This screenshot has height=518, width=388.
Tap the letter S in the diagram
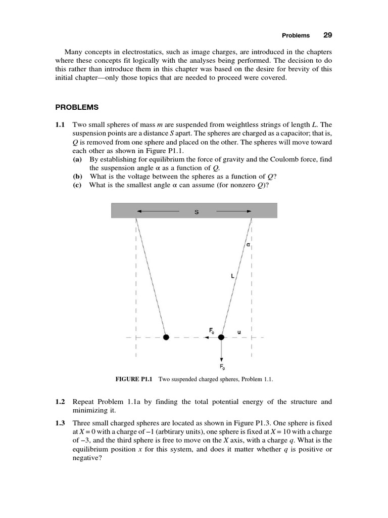(x=196, y=212)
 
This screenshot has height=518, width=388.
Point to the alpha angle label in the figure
(x=248, y=245)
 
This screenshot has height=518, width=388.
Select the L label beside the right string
(x=232, y=276)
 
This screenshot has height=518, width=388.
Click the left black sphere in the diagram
(x=166, y=337)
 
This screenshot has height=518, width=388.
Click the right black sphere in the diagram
(x=221, y=337)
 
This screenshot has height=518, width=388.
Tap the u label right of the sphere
(x=239, y=332)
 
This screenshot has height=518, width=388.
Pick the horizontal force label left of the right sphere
(x=212, y=330)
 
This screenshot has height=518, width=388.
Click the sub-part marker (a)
(x=77, y=159)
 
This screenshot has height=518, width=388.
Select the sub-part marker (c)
(x=77, y=185)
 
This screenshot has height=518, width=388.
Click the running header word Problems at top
(x=296, y=36)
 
